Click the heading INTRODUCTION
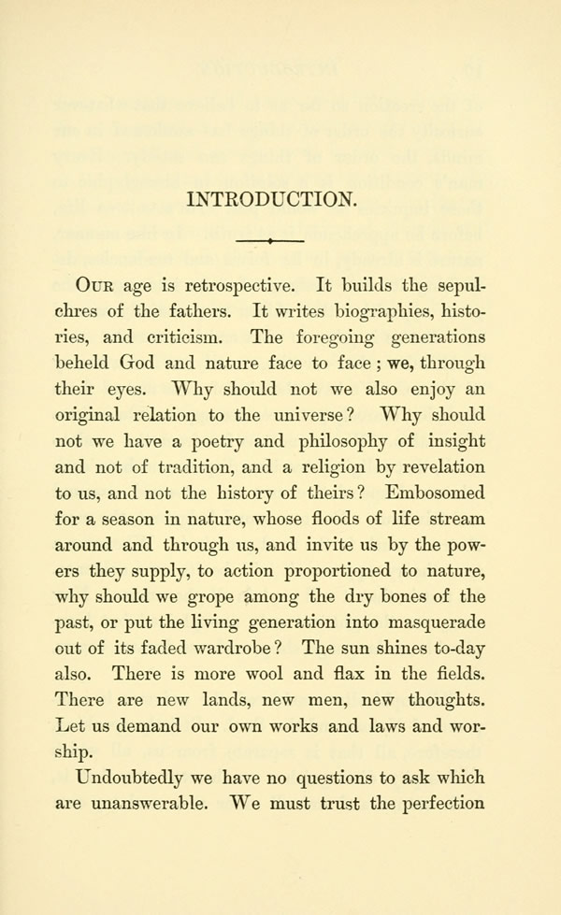tap(272, 198)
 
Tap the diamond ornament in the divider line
tap(269, 242)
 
